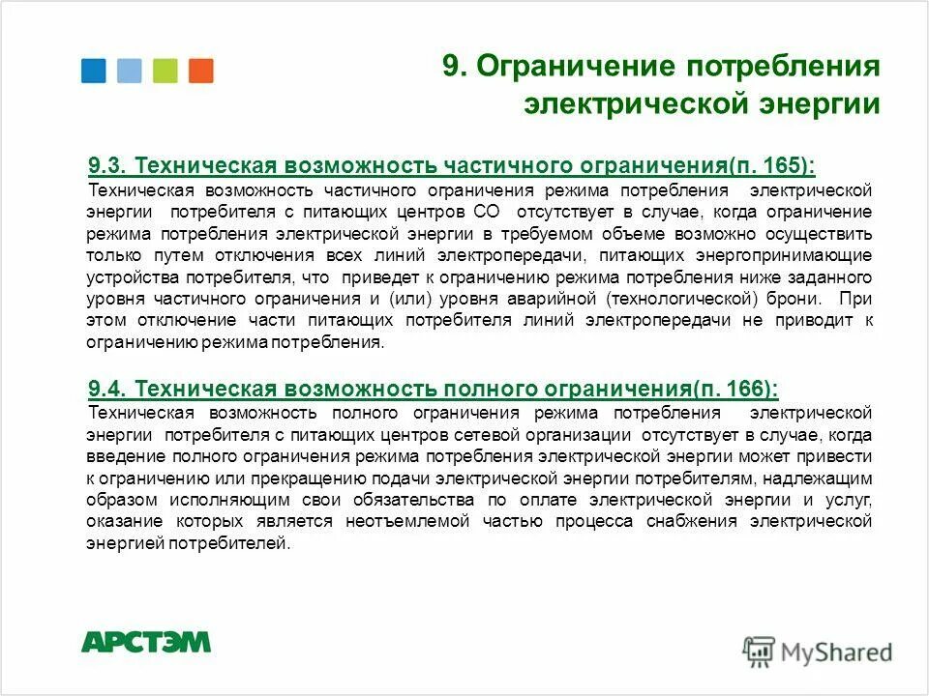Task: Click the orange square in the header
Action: pos(201,71)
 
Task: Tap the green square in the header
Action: pos(165,71)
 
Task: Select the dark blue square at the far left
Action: pos(93,71)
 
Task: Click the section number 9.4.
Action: pos(106,389)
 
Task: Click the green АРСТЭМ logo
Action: pos(145,642)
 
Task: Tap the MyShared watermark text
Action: pos(836,652)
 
